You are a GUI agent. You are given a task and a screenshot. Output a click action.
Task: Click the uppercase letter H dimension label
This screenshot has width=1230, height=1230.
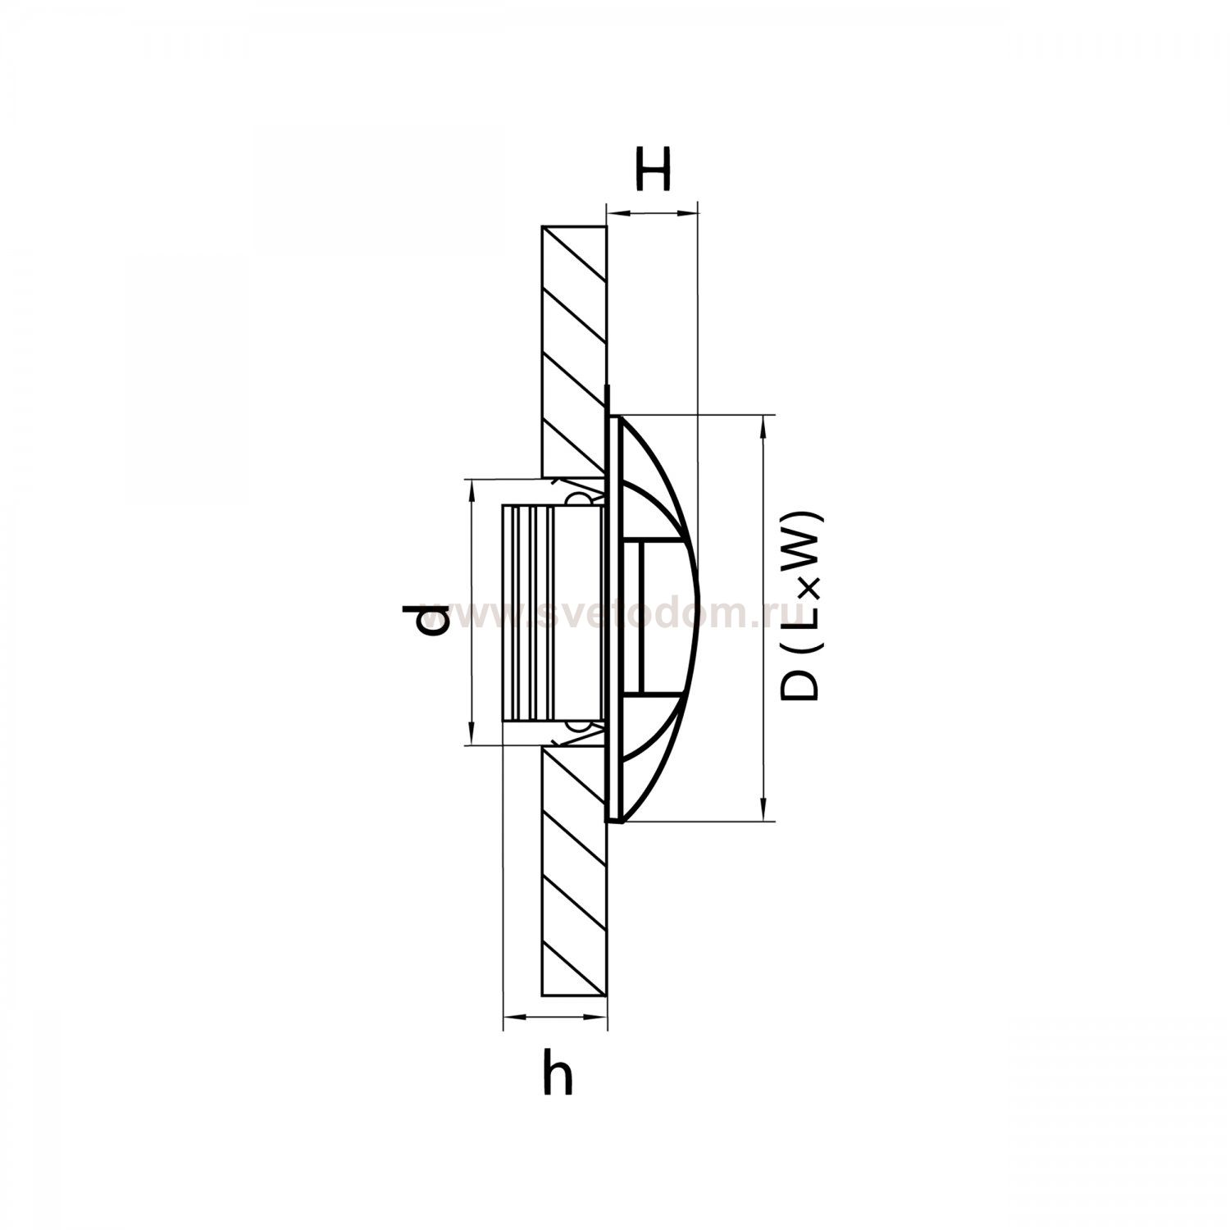654,168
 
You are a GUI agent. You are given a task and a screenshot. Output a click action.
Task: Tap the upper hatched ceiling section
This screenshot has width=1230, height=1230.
574,353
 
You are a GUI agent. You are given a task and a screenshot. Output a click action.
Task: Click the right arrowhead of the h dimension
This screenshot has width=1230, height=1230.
598,1018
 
